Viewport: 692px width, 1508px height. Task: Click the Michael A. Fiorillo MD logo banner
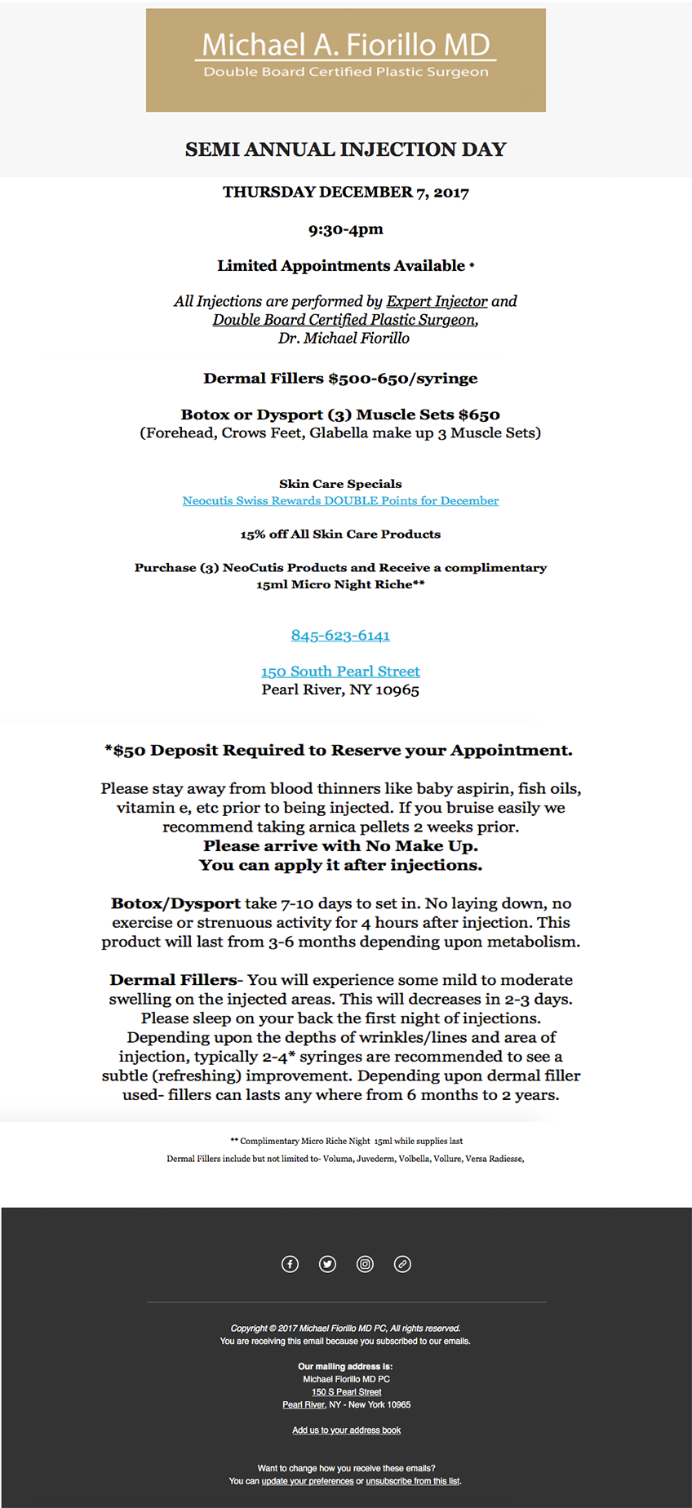(345, 60)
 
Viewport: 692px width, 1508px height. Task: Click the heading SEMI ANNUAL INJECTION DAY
(345, 149)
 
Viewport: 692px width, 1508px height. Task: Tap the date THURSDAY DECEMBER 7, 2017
(345, 193)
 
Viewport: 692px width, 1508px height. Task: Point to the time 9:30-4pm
(345, 229)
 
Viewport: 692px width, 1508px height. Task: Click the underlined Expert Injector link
(437, 301)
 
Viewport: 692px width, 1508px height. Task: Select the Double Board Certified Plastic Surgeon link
(344, 320)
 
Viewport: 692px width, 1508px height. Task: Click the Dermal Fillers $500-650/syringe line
(340, 379)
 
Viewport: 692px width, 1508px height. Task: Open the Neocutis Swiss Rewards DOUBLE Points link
(340, 501)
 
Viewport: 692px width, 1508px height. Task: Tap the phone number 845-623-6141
(340, 636)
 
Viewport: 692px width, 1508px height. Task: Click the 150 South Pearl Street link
(340, 672)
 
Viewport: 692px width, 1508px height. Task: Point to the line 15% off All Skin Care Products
(340, 534)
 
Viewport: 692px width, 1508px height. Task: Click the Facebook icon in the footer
(290, 1264)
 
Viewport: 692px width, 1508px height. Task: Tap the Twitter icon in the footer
(327, 1264)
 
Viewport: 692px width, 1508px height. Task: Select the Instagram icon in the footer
(365, 1264)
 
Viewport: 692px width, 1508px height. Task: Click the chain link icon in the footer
(402, 1264)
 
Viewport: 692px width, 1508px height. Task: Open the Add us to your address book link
(346, 1430)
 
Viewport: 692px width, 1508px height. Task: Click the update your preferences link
(308, 1481)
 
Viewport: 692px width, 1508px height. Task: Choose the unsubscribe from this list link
(413, 1481)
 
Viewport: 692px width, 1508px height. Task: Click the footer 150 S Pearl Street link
(346, 1392)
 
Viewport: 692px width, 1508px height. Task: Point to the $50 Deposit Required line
(339, 751)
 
